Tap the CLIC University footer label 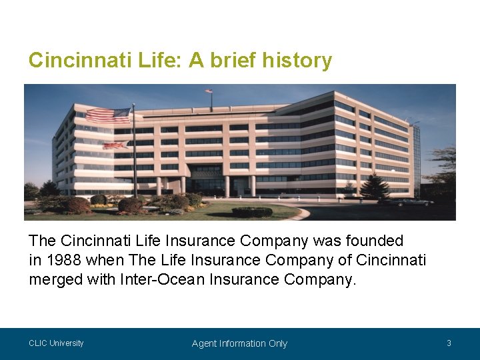(x=56, y=343)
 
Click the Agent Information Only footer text (x=239, y=343)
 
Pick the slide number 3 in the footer (x=449, y=343)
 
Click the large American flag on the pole (x=109, y=116)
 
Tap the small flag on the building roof (x=209, y=91)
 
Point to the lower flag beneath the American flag (x=115, y=145)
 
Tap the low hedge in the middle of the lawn (x=252, y=212)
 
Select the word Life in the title (x=159, y=61)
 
